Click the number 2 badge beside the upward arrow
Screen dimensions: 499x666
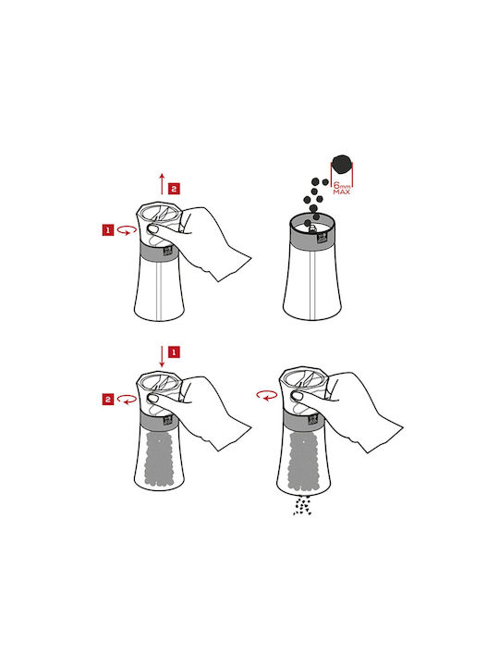174,189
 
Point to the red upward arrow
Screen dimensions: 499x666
162,184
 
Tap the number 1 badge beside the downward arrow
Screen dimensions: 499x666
174,352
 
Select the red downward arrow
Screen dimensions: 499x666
162,357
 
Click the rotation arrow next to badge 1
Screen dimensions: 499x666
127,230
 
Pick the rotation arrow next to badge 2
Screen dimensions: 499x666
127,400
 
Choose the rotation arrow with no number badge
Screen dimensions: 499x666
267,396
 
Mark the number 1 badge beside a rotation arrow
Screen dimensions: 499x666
108,230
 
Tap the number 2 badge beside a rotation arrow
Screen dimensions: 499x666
108,400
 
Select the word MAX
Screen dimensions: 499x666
342,192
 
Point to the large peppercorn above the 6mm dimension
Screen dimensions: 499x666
342,165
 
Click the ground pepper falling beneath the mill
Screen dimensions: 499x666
302,506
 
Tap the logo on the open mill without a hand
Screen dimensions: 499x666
322,240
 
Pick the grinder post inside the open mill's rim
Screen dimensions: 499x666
312,228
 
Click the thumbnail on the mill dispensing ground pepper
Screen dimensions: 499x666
298,396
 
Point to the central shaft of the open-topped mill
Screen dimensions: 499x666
312,285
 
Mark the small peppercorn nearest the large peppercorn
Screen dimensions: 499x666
325,182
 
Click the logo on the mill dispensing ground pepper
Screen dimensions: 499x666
313,420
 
